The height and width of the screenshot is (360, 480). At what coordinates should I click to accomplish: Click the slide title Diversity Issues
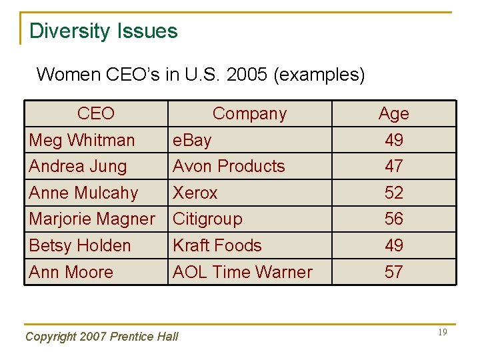pos(103,31)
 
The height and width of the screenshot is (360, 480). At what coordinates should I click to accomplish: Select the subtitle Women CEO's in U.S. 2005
pos(201,74)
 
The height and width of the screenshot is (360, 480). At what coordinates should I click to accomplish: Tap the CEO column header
pos(95,114)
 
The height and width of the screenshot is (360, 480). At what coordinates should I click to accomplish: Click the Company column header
pos(249,114)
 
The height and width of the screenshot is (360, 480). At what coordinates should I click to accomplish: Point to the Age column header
pos(393,114)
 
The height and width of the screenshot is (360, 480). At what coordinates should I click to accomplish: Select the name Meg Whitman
pos(81,140)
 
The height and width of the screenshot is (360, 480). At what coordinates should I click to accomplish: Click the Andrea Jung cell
pos(77,166)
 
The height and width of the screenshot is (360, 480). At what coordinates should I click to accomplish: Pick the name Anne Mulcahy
pos(83,193)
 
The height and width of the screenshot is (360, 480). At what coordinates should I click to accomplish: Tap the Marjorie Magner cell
pos(92,219)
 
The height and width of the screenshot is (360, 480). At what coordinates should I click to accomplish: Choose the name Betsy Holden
pos(80,245)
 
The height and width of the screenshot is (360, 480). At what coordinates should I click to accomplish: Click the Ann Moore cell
pos(71,272)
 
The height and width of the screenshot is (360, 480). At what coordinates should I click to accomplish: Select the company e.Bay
pos(192,140)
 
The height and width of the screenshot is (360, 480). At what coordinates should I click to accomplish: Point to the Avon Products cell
pos(229,166)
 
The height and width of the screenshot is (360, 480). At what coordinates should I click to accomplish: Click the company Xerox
pos(195,193)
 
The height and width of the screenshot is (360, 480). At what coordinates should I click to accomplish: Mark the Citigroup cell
pos(207,219)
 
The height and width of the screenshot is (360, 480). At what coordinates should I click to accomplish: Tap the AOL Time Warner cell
pos(242,272)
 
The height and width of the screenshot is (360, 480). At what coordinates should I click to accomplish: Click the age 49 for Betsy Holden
pos(393,245)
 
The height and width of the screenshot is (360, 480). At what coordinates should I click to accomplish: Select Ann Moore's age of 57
pos(393,272)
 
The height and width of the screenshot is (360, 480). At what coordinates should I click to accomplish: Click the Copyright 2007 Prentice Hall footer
pos(101,337)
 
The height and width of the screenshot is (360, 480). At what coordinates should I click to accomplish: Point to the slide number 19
pos(442,332)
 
